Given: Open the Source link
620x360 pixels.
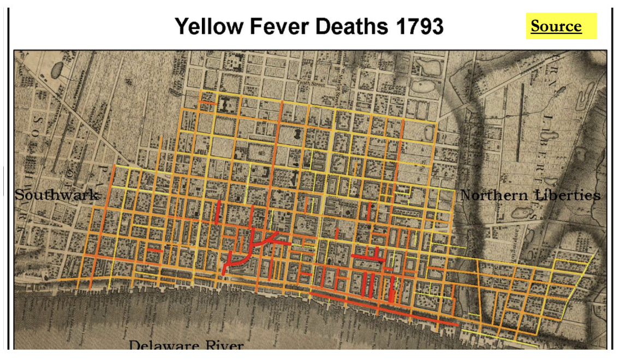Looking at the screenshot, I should coord(556,26).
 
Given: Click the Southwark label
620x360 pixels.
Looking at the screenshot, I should coord(57,195).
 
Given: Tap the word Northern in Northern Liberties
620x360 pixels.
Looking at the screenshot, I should coord(494,195).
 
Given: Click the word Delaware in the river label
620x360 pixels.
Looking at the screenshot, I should coord(164,346).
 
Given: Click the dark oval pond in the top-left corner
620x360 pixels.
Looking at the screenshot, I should coord(57,69).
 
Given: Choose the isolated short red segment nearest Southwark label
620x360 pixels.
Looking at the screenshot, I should coord(154,250).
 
